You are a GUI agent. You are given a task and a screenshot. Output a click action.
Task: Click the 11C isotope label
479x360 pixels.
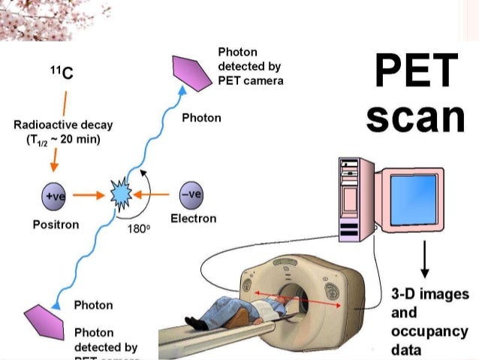pyautogui.click(x=62, y=74)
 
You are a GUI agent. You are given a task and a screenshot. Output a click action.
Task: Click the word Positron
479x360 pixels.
pyautogui.click(x=56, y=225)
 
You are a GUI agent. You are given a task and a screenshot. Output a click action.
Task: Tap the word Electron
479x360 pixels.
pyautogui.click(x=193, y=219)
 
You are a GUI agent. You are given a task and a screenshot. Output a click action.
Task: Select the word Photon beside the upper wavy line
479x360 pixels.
pyautogui.click(x=201, y=118)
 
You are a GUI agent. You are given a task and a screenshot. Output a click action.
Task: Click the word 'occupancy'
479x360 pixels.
pyautogui.click(x=429, y=331)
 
